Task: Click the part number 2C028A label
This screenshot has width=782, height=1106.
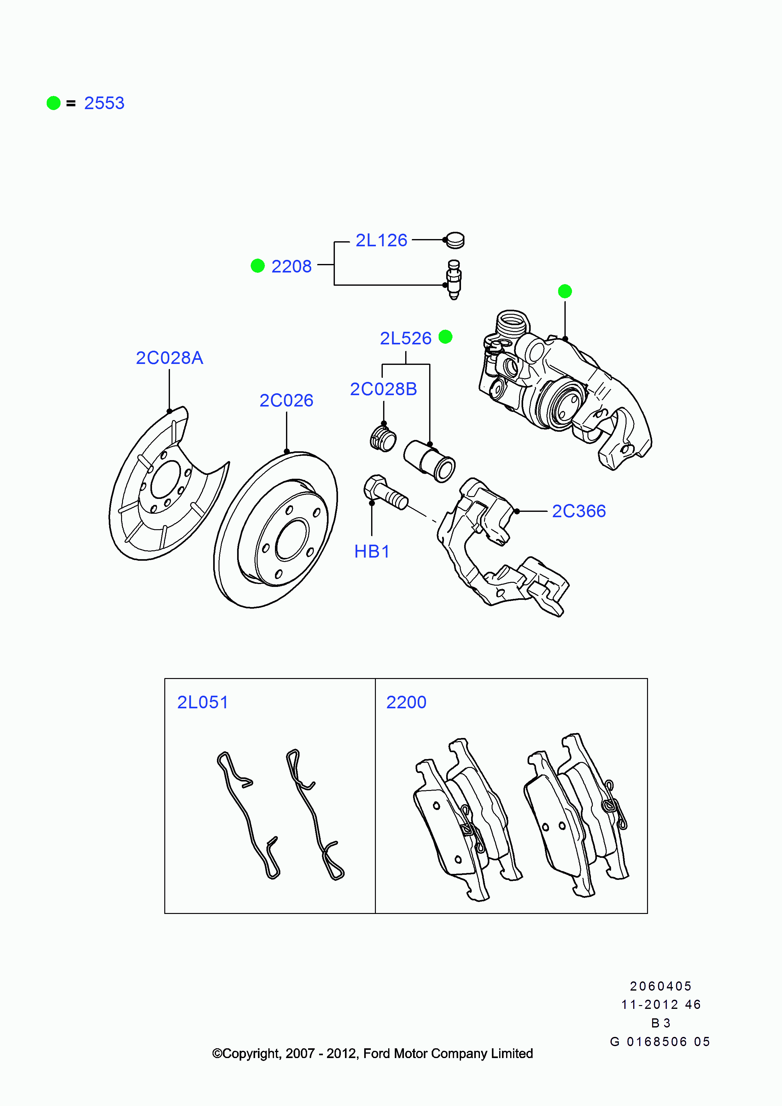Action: pos(170,358)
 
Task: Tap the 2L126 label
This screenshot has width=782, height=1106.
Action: pos(381,240)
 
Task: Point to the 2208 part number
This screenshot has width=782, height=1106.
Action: pos(291,266)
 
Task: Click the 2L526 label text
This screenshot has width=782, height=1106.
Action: pos(406,338)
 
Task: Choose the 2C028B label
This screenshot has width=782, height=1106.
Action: pos(383,389)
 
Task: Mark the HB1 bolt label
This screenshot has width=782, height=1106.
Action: pos(372,552)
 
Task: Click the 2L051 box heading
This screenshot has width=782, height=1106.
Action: pos(203,702)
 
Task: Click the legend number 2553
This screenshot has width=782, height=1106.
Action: pos(104,103)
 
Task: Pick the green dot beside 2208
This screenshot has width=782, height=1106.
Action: pos(258,266)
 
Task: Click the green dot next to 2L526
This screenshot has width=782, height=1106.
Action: pos(446,337)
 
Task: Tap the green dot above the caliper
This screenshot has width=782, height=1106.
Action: pos(565,291)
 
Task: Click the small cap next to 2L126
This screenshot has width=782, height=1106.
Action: pos(455,240)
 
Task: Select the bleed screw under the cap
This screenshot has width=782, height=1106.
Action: pos(454,279)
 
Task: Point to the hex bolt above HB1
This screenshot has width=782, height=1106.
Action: pos(385,492)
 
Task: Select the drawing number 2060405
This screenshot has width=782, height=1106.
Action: pos(661,986)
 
